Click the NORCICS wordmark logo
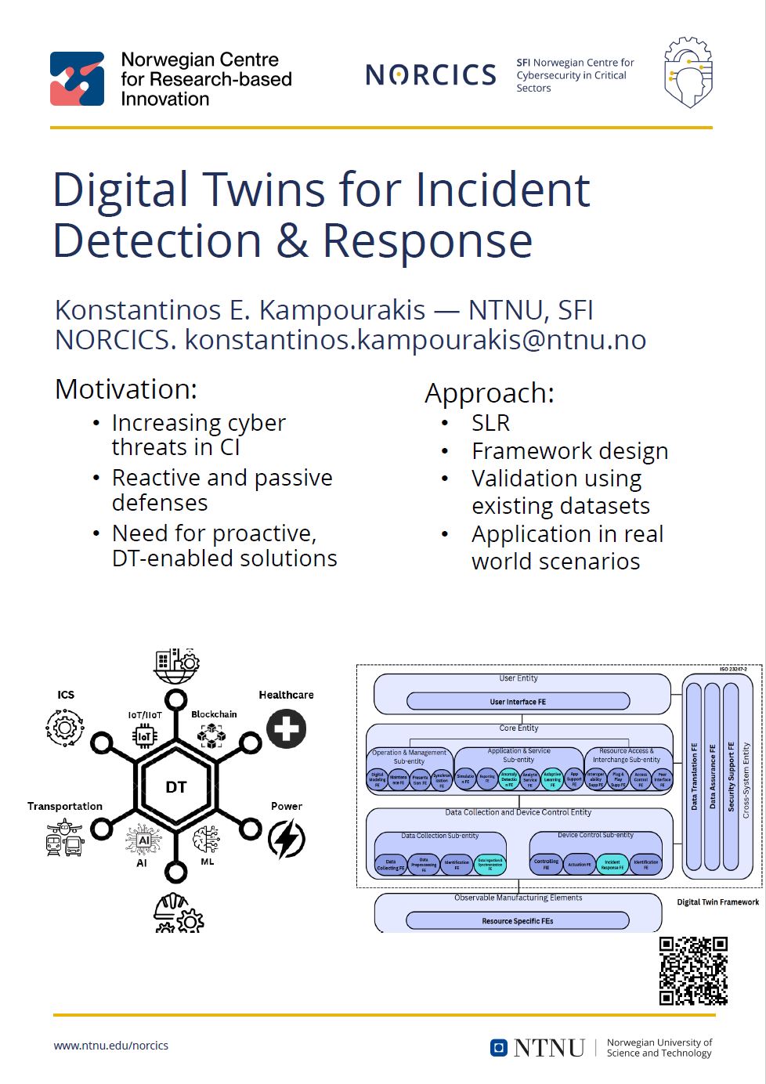(431, 74)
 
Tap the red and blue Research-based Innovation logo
(77, 79)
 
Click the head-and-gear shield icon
(688, 72)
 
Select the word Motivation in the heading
(126, 389)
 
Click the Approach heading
(489, 393)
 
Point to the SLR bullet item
(490, 423)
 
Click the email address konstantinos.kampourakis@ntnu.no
(415, 340)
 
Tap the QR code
(693, 970)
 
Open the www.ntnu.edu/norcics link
(110, 1046)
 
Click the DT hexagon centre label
(176, 787)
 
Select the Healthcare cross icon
(286, 728)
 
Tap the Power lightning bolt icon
(286, 839)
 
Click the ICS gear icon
(65, 728)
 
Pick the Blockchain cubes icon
(211, 735)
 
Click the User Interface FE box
(518, 702)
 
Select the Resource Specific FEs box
(517, 921)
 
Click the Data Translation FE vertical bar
(694, 776)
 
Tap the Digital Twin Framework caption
(717, 902)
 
